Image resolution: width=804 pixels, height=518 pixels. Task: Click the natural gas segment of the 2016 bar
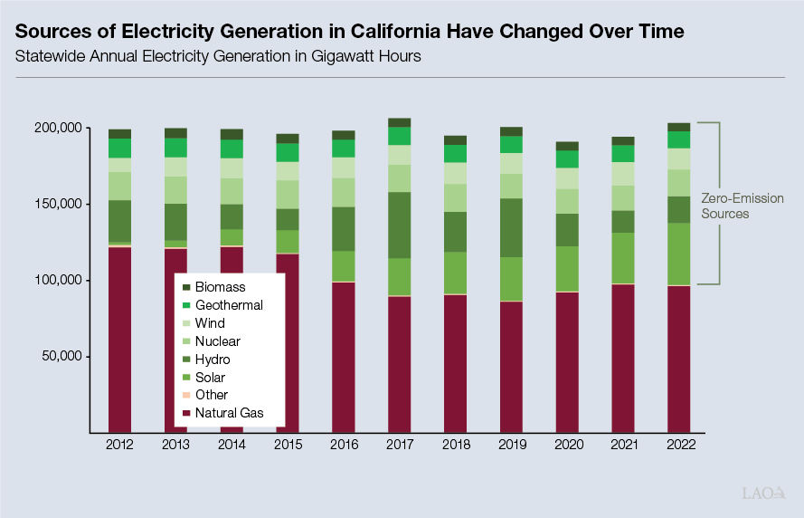coord(344,357)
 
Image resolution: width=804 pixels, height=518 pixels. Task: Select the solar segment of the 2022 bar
coord(679,254)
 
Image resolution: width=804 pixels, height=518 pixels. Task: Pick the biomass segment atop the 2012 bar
coord(119,133)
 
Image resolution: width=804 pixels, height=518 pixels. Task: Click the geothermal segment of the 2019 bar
coord(512,145)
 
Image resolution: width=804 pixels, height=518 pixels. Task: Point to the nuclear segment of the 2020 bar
coord(567,201)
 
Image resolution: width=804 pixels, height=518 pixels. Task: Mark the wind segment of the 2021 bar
coord(623,174)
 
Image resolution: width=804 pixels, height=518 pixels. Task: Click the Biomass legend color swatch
coord(186,287)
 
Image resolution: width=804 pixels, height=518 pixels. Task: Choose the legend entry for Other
coord(212,395)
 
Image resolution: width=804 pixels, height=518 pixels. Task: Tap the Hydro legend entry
coord(212,360)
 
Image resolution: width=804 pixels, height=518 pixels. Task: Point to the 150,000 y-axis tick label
coord(57,204)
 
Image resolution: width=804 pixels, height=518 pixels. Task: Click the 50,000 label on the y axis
coord(60,356)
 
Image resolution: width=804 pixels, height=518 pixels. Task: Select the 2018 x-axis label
coord(456,445)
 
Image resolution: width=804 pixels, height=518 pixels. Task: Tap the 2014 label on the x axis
coord(232,445)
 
